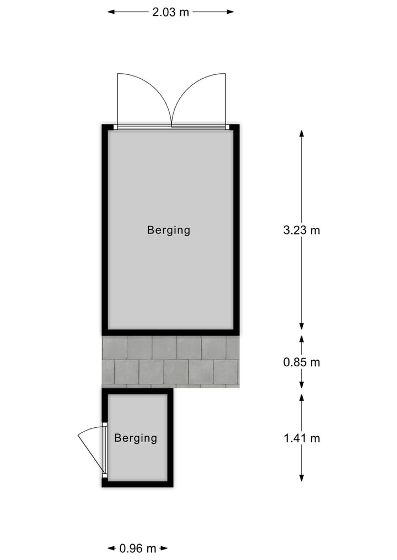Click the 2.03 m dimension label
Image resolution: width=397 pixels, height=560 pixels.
point(170,12)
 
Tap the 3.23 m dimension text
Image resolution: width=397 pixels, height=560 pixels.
point(302,230)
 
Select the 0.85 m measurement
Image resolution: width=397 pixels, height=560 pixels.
point(302,362)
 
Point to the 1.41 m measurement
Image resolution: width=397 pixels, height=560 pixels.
point(302,438)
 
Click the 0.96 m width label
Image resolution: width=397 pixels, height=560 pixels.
point(138,548)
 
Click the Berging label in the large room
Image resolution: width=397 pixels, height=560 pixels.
point(169,230)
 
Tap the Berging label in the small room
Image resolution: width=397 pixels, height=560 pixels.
point(136,438)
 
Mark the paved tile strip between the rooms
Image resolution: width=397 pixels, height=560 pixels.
point(170,362)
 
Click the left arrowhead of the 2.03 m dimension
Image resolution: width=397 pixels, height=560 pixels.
point(110,12)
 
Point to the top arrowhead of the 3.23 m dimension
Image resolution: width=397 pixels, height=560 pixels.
point(302,133)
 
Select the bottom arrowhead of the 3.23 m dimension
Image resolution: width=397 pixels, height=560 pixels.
point(302,327)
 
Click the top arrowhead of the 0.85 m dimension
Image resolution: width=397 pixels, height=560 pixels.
point(302,338)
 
